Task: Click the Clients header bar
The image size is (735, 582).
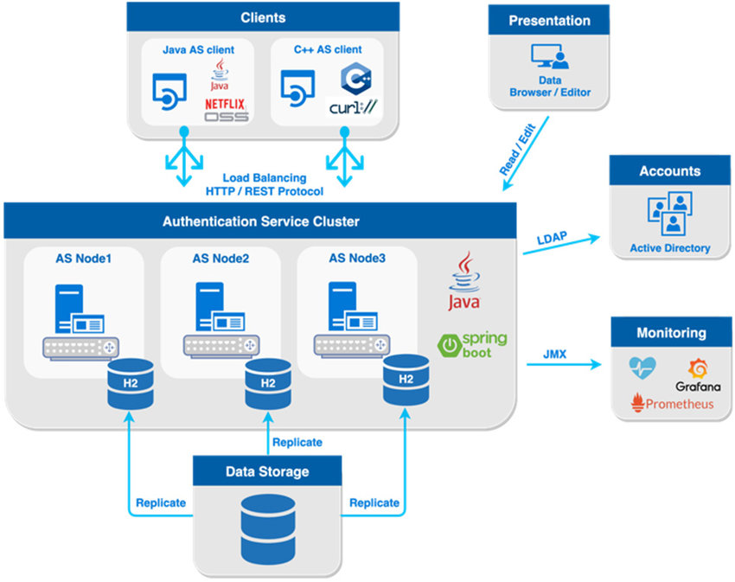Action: pos(263,17)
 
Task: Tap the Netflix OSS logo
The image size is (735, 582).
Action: pos(227,109)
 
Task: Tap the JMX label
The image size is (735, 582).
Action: pos(554,354)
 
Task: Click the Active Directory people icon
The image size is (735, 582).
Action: pos(669,214)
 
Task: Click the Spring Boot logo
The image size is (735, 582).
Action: pos(472,345)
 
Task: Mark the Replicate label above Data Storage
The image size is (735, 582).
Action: pos(297,442)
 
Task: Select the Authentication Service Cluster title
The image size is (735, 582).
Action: pos(261,221)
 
